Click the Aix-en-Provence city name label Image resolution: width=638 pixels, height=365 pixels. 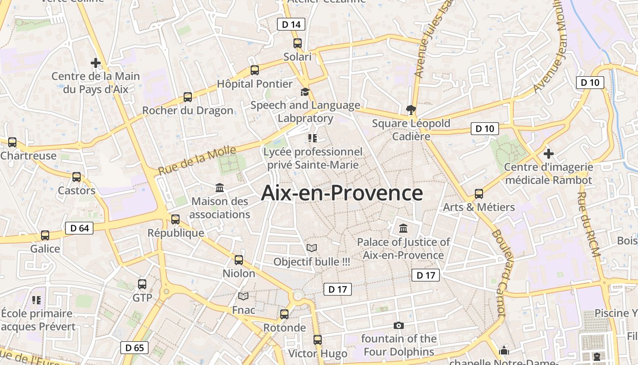click(x=342, y=193)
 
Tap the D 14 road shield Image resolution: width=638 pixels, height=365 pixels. click(x=291, y=24)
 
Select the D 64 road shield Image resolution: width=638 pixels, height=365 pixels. click(x=79, y=228)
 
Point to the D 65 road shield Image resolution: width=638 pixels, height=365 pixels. click(x=134, y=348)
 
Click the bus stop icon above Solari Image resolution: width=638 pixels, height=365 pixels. click(x=298, y=43)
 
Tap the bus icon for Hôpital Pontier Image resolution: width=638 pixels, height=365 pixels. click(x=255, y=70)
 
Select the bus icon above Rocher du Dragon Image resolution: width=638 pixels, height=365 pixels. click(x=188, y=97)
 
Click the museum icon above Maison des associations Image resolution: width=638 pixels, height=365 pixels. click(x=220, y=188)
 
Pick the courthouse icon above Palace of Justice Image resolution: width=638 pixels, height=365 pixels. click(x=403, y=228)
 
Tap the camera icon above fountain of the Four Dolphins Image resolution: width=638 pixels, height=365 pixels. click(x=399, y=325)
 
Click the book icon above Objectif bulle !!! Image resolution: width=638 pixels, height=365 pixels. click(x=312, y=248)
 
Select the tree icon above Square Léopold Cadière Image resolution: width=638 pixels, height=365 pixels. click(x=411, y=109)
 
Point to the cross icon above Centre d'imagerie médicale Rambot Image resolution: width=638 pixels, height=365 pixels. click(x=549, y=153)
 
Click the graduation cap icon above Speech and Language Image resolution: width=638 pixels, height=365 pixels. click(x=305, y=92)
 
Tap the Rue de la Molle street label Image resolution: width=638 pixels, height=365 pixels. click(x=197, y=160)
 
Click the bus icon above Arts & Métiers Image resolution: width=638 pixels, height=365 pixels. click(x=479, y=193)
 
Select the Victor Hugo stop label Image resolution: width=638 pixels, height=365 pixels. click(x=318, y=353)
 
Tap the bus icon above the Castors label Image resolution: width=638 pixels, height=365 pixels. click(x=77, y=177)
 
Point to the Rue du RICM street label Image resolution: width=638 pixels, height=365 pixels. click(x=588, y=224)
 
